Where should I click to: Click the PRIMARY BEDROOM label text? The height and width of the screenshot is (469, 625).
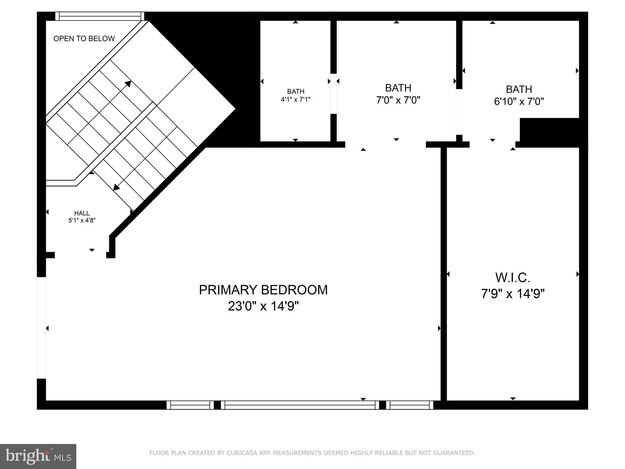[263, 290]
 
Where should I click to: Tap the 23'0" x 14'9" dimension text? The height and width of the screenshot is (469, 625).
[263, 306]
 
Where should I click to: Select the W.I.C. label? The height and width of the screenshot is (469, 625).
[513, 278]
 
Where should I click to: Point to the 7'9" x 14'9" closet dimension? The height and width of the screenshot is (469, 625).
[513, 294]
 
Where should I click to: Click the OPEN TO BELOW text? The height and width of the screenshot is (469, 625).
[84, 38]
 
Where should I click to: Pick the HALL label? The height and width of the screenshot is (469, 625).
[82, 213]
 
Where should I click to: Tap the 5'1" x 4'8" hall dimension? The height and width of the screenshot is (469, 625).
[82, 220]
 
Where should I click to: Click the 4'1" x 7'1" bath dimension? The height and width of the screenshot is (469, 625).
[295, 99]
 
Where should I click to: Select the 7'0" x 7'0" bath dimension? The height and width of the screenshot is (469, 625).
[398, 100]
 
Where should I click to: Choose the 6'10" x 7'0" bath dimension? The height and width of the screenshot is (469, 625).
[519, 101]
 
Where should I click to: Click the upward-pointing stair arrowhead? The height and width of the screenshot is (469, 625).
[128, 84]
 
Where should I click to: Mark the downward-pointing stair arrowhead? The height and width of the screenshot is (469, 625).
[116, 187]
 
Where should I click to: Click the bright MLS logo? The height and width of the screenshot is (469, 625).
[38, 456]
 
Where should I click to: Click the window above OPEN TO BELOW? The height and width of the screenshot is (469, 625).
[99, 16]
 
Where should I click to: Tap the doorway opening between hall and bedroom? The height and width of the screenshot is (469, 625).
[81, 255]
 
